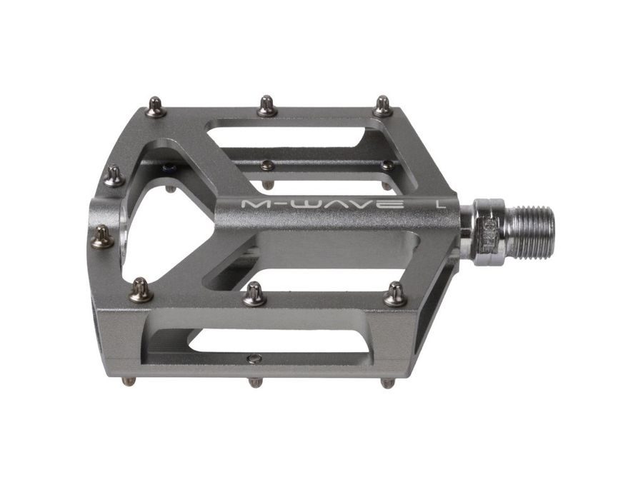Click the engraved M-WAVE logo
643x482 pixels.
coord(321,204)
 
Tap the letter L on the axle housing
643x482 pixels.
coord(441,204)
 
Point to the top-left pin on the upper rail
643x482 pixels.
coord(156,107)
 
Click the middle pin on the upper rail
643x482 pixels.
coord(267,106)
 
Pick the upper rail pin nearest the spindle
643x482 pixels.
coord(383,106)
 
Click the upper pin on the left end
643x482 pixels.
coord(114,176)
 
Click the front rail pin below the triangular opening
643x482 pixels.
coord(141,289)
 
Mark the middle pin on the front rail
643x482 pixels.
coord(254,293)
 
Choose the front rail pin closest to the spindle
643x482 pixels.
coord(394,293)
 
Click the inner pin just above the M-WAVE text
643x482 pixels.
coord(267,166)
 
